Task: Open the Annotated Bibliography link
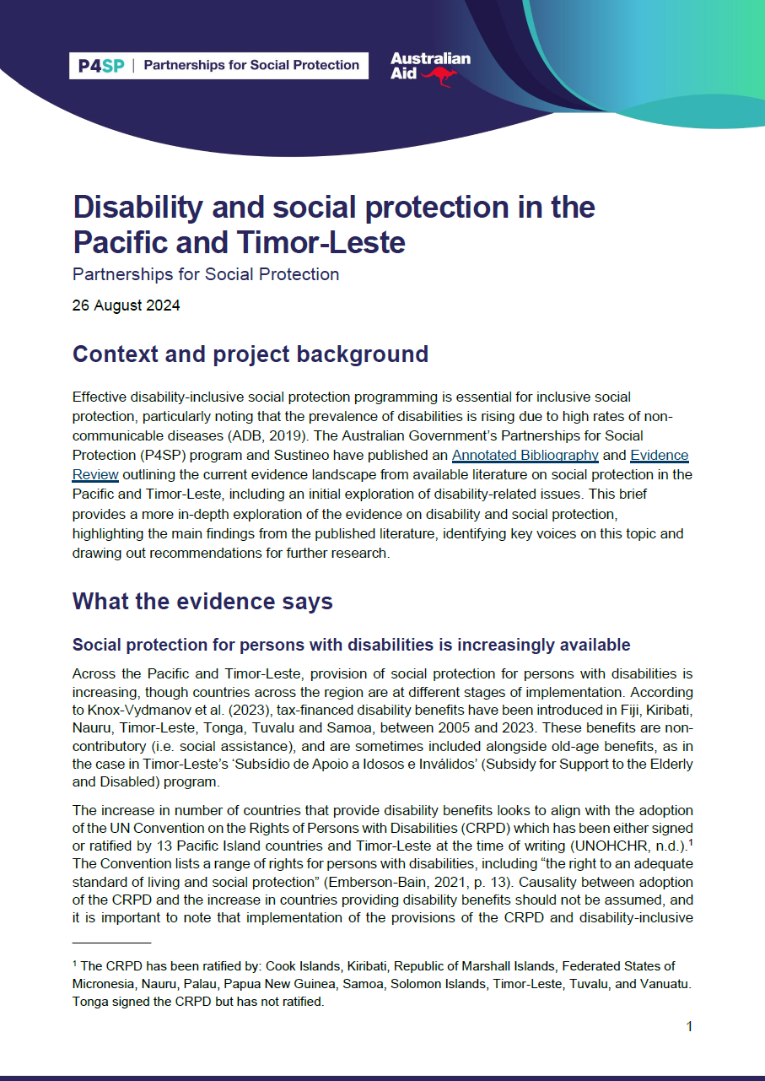pyautogui.click(x=525, y=456)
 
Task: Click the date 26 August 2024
pyautogui.click(x=126, y=305)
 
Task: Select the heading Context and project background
pyautogui.click(x=250, y=354)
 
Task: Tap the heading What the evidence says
pyautogui.click(x=202, y=601)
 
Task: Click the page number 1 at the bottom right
pyautogui.click(x=689, y=1027)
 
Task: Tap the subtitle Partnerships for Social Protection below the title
pyautogui.click(x=206, y=274)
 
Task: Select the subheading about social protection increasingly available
pyautogui.click(x=351, y=646)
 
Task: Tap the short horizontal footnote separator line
pyautogui.click(x=111, y=942)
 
